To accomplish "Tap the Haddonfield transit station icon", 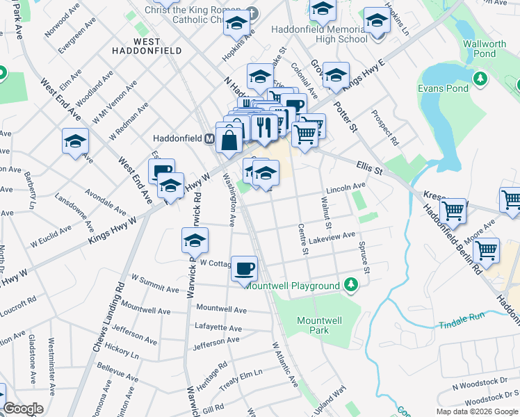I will click(208, 139).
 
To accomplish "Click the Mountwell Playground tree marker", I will click(352, 284).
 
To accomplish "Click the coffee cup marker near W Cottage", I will click(243, 268).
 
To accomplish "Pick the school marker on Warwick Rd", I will click(195, 240).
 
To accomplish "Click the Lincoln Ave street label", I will click(346, 188).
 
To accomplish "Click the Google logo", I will click(23, 409).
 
